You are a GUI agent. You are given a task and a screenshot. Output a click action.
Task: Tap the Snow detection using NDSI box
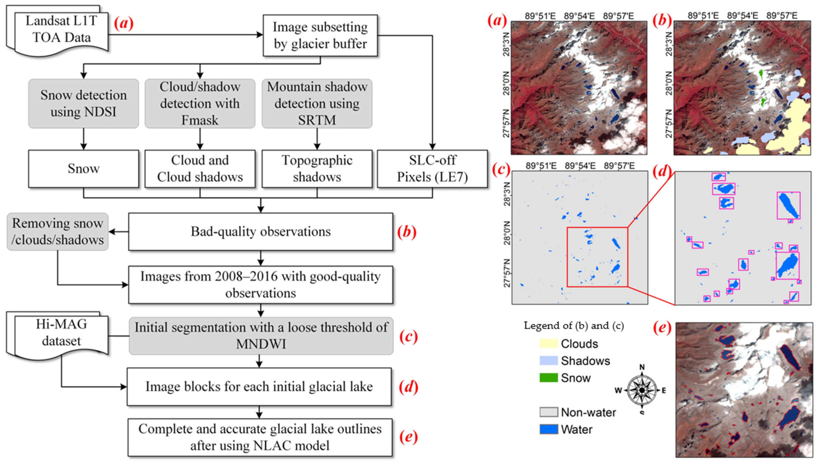pyautogui.click(x=83, y=103)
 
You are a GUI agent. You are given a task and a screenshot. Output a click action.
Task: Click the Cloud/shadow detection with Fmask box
pyautogui.click(x=200, y=103)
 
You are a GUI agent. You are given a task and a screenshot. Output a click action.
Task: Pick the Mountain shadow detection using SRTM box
pyautogui.click(x=317, y=103)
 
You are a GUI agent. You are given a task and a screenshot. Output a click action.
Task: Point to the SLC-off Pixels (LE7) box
pyautogui.click(x=432, y=169)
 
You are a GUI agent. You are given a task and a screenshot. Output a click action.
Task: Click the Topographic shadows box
pyautogui.click(x=317, y=169)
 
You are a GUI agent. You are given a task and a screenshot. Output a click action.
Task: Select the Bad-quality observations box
pyautogui.click(x=260, y=232)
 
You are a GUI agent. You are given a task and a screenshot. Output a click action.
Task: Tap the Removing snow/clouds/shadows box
pyautogui.click(x=57, y=232)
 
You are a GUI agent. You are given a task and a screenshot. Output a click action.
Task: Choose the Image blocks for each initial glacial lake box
pyautogui.click(x=259, y=387)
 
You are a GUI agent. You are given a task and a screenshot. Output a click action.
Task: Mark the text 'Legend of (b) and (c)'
pyautogui.click(x=574, y=326)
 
